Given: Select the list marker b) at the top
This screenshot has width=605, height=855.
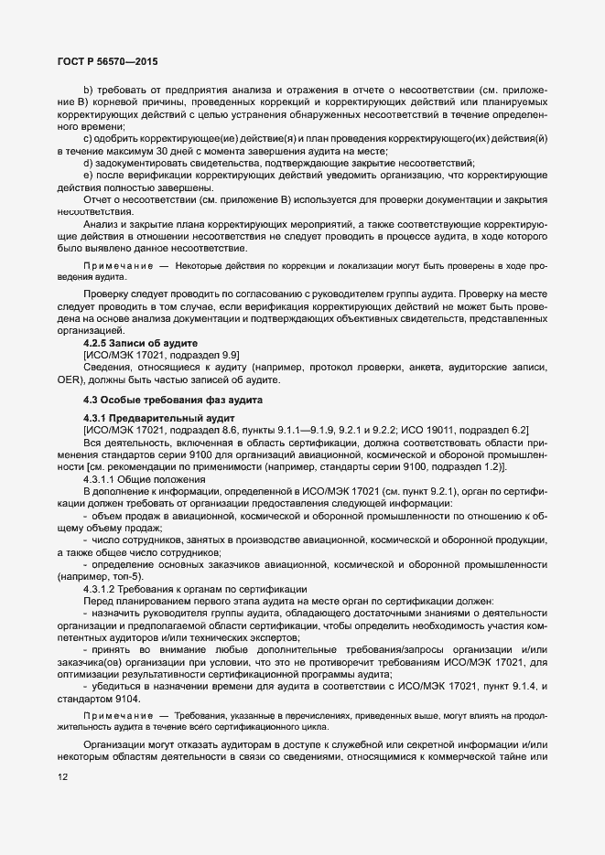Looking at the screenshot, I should point(89,89).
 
